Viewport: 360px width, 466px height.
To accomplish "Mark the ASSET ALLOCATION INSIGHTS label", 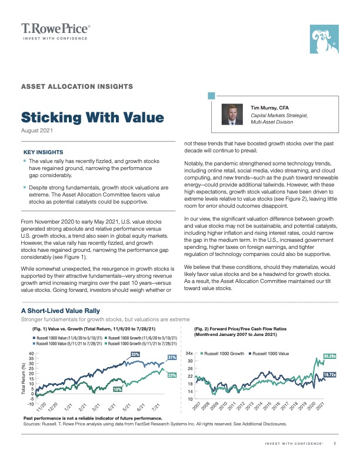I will [x=76, y=86].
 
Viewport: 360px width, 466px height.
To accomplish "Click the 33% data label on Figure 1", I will [x=135, y=354].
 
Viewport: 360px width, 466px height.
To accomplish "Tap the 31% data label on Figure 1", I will [x=172, y=358].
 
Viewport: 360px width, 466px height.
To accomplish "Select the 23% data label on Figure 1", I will [x=172, y=375].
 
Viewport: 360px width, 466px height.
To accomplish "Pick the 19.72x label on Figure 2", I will [x=329, y=374].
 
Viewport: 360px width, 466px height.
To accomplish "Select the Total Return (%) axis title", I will [x=15, y=377].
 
